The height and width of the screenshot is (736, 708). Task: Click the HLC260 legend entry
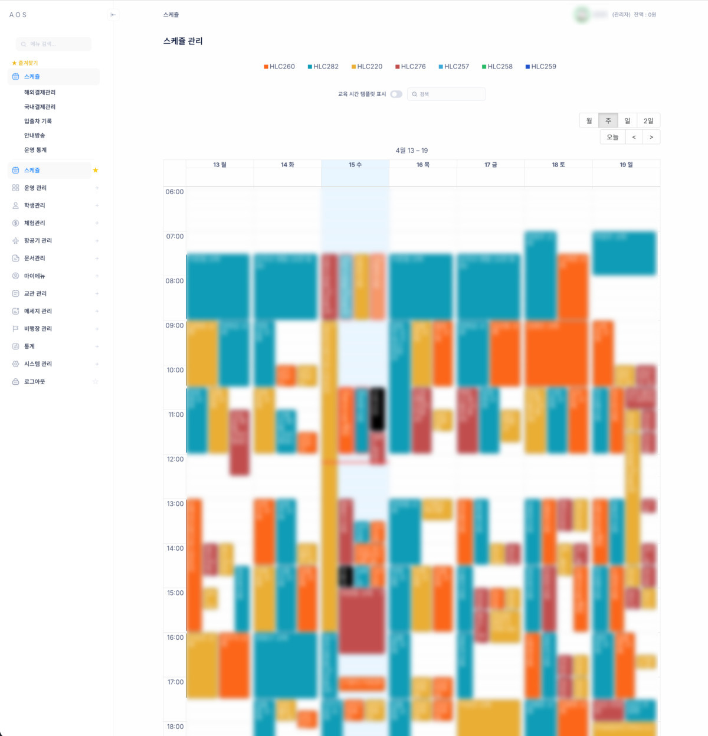click(279, 67)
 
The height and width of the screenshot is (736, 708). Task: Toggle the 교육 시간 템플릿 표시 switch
click(396, 94)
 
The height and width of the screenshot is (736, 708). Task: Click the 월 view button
click(589, 121)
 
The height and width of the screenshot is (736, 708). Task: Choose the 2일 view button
click(648, 121)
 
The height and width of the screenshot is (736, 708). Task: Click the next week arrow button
click(651, 137)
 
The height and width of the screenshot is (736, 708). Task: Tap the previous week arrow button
click(634, 137)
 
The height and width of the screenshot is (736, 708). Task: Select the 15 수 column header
click(355, 165)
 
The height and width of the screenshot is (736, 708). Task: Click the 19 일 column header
click(626, 165)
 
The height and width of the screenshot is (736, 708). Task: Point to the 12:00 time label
click(175, 459)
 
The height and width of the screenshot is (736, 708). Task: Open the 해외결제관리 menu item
click(40, 93)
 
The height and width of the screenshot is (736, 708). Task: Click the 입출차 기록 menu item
click(38, 121)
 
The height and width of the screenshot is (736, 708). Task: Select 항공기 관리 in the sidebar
click(38, 241)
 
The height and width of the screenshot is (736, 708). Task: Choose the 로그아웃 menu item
click(34, 382)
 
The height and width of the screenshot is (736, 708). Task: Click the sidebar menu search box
click(54, 44)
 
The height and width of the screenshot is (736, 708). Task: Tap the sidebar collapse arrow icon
click(113, 15)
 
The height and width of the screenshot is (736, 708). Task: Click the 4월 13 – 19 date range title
click(411, 151)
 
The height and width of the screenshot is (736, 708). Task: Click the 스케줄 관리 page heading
click(183, 41)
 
